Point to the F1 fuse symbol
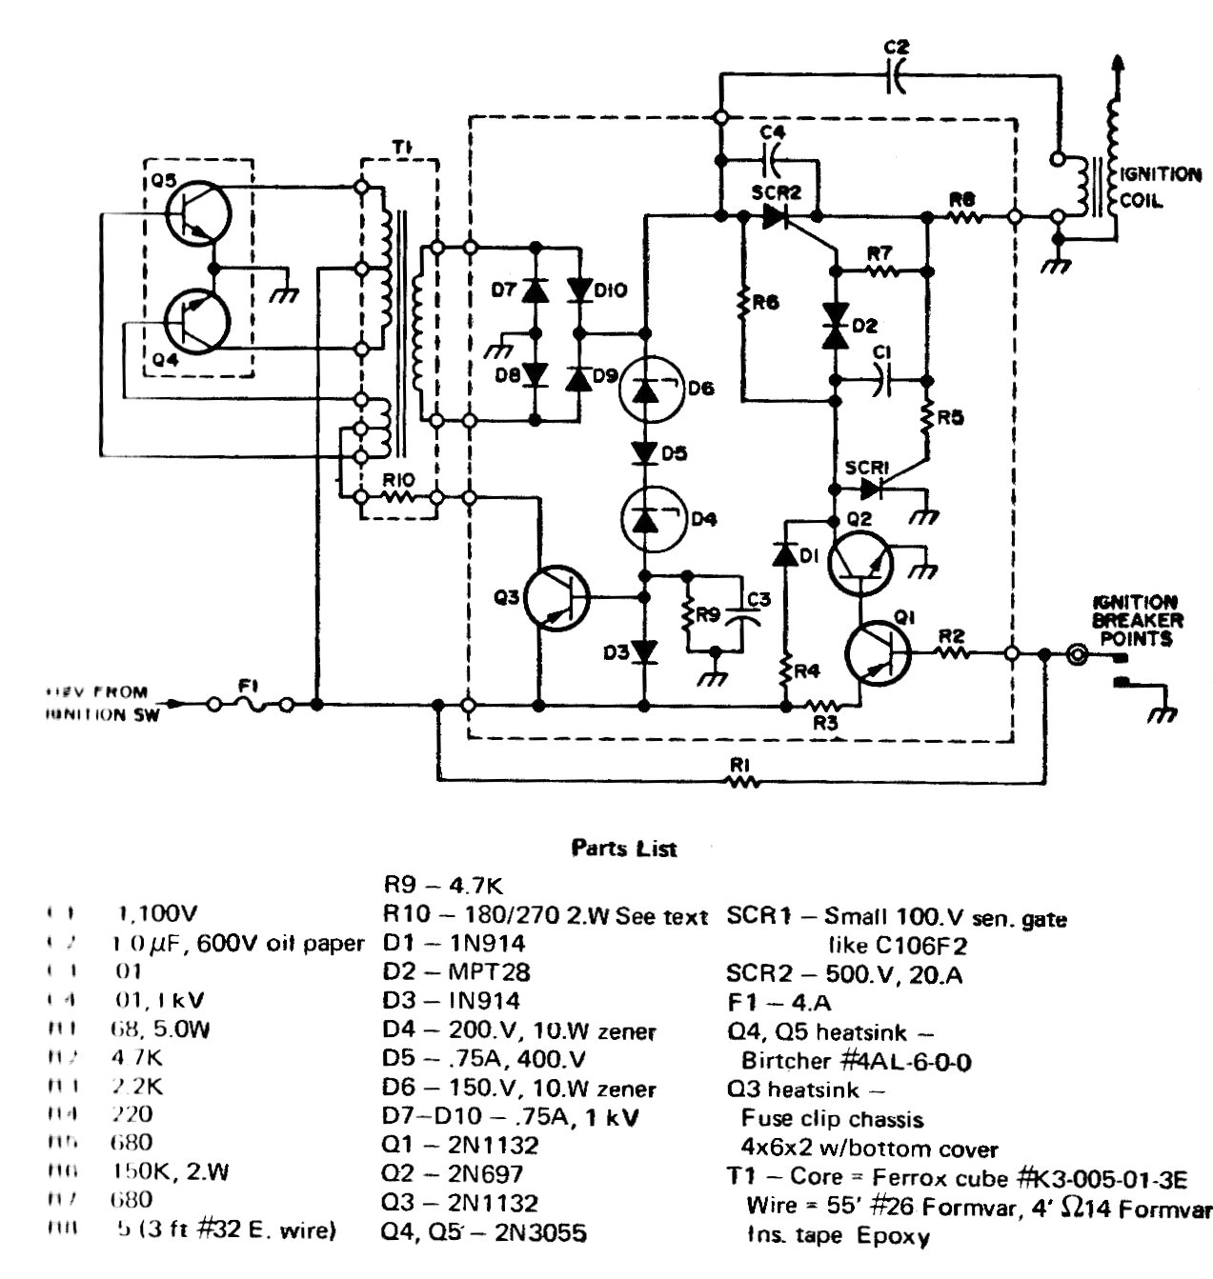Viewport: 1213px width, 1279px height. click(253, 705)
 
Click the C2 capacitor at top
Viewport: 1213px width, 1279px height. click(896, 75)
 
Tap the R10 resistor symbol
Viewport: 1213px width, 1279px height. click(397, 496)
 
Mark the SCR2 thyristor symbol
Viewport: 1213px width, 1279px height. click(778, 217)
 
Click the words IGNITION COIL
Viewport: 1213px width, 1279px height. click(1161, 188)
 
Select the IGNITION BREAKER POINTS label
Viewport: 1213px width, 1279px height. click(1137, 620)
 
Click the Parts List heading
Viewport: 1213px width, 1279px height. click(623, 847)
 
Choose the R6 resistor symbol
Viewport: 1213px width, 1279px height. click(742, 303)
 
